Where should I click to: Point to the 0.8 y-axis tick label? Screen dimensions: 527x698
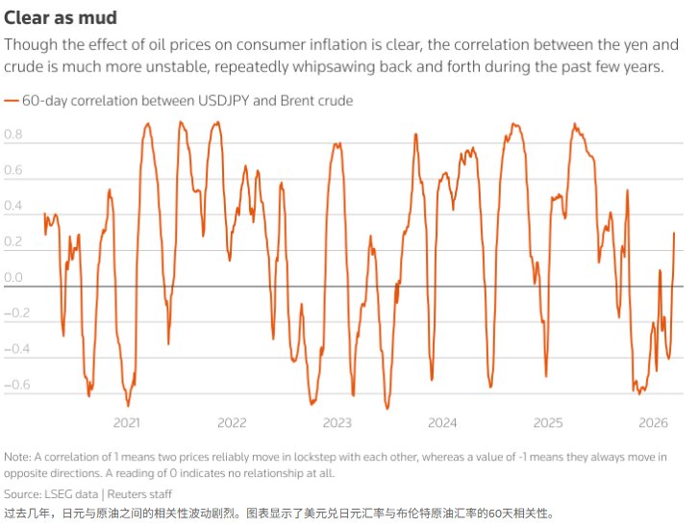[x=13, y=136]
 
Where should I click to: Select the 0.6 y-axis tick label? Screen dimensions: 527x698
[x=13, y=171]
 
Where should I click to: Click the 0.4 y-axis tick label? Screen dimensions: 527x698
[x=13, y=207]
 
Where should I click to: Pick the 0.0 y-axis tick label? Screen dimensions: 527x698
[x=13, y=278]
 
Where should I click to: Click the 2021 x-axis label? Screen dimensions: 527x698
[x=126, y=423]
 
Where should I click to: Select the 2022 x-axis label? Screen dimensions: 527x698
[x=232, y=423]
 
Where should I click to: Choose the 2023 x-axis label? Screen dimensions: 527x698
[x=337, y=423]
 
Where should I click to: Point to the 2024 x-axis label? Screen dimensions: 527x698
[x=442, y=423]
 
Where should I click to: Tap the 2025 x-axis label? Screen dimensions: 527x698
[x=548, y=423]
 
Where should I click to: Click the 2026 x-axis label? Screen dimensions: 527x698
[x=654, y=423]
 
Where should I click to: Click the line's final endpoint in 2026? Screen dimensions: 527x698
[x=674, y=233]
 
